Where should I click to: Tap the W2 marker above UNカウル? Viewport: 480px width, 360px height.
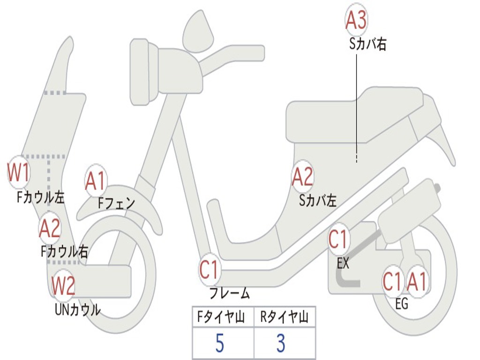point(63,285)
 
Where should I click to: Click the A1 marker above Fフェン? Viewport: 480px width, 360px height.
point(96,181)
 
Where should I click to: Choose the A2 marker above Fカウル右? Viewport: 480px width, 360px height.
point(50,228)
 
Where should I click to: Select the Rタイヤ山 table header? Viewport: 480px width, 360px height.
point(284,318)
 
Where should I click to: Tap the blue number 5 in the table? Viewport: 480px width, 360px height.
point(219,344)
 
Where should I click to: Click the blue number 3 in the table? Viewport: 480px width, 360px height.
point(281,344)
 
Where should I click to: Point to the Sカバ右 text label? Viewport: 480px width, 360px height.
point(367,45)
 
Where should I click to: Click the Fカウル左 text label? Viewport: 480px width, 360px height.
point(40,197)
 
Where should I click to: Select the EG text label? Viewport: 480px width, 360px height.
point(402,304)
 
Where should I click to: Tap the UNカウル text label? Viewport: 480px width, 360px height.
point(77,310)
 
